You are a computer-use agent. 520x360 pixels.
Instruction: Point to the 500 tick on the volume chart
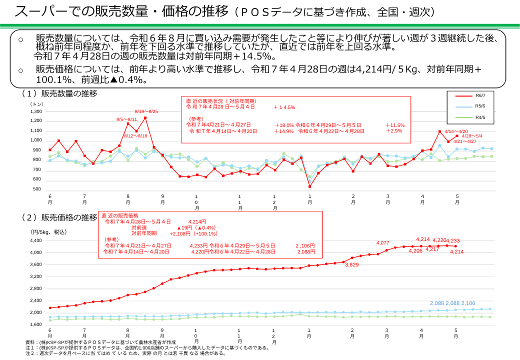pos(37,189)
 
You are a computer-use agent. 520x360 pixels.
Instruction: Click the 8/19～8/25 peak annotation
pos(146,111)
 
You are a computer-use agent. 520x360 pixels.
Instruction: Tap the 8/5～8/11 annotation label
pos(126,119)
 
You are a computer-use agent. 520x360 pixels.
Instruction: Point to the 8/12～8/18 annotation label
pos(135,136)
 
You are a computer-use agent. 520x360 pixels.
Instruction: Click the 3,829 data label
pos(352,265)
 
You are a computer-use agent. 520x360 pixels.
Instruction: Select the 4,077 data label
pos(382,243)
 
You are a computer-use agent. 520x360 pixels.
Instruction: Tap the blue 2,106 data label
pos(468,303)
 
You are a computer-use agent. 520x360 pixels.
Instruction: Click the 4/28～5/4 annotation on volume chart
pos(472,136)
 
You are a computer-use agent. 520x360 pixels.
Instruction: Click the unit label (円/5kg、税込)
pos(48,232)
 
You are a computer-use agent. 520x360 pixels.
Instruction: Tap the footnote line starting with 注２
pos(125,353)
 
